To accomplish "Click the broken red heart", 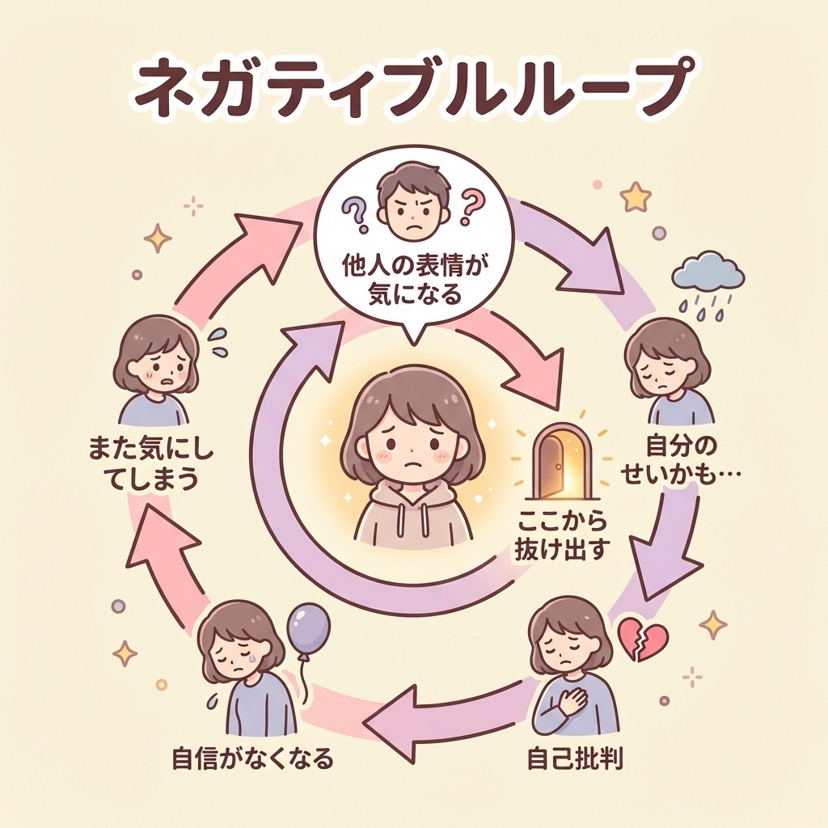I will tap(643, 638).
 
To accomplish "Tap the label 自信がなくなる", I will tap(252, 759).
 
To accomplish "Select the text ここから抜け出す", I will tap(560, 534).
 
